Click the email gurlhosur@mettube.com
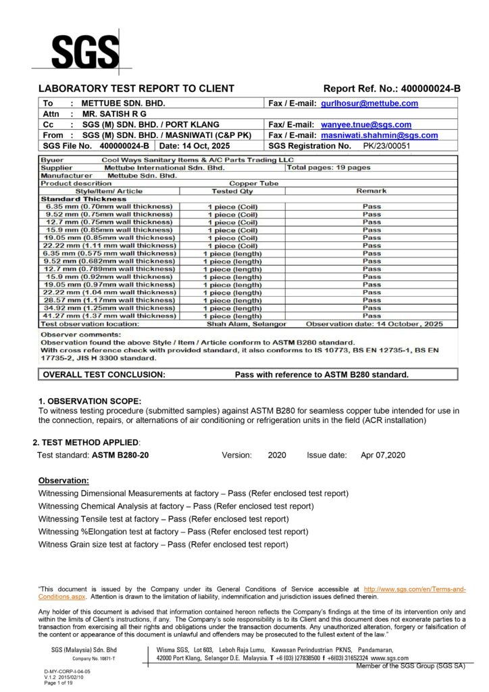369,103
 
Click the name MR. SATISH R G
114,114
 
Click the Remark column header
371,191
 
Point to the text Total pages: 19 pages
329,167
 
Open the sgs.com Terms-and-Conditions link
415,590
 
